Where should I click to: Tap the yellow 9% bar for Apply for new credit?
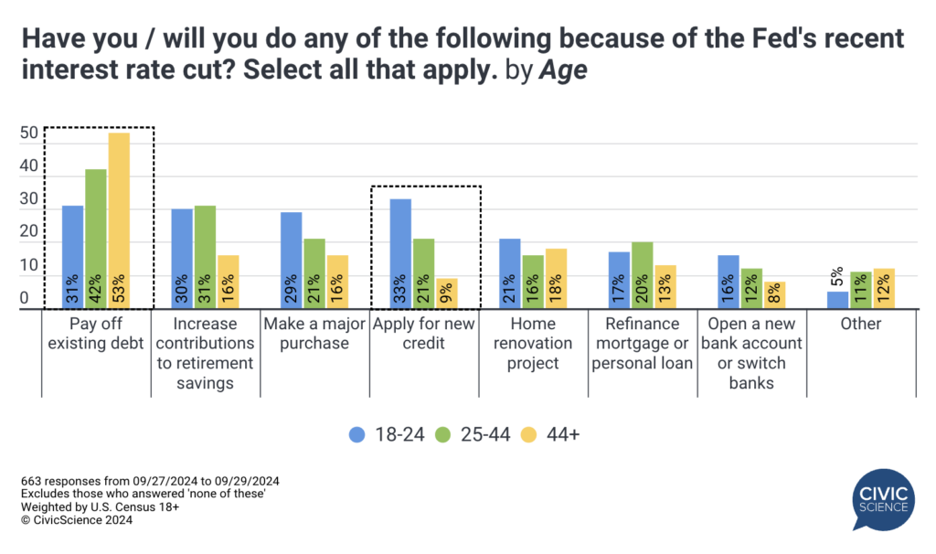tap(447, 293)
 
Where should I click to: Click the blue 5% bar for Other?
tap(837, 300)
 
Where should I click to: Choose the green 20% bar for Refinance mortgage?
tap(643, 275)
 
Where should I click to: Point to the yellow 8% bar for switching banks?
tap(775, 295)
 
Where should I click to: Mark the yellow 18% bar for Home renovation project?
tap(556, 279)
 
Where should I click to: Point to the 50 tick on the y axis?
tap(29, 133)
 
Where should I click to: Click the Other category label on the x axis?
tap(861, 324)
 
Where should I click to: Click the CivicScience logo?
tap(883, 500)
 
